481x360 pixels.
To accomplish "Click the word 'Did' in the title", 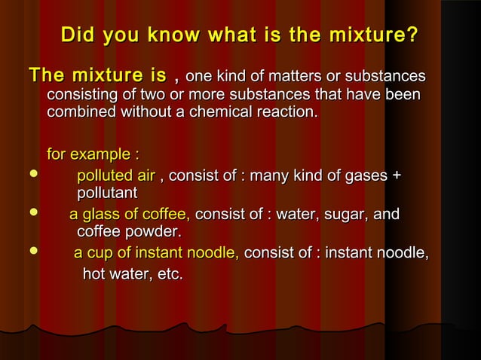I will tap(78, 35).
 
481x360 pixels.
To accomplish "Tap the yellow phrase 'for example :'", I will tap(93, 155).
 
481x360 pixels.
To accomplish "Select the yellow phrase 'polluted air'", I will tap(116, 176).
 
